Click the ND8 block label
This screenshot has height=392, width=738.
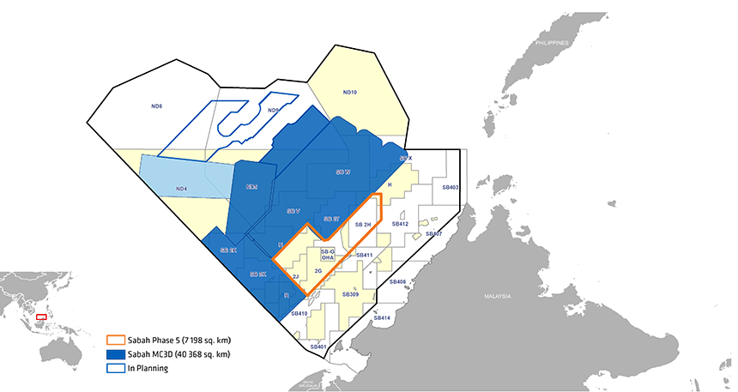coord(156,106)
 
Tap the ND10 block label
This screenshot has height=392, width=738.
coord(349,92)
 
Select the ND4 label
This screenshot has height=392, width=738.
coord(181,189)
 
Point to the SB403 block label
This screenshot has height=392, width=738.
coord(451,187)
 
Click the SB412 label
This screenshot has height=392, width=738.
coord(400,224)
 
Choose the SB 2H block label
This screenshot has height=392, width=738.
coord(362,224)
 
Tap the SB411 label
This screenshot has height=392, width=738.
coord(363,256)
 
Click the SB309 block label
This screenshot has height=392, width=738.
coord(350,294)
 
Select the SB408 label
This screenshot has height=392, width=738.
coord(397,281)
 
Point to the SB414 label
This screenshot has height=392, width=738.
coord(382,318)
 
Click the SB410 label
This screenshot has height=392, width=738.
coord(299,314)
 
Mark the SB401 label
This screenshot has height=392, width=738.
coord(318,347)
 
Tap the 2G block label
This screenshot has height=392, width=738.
coord(318,271)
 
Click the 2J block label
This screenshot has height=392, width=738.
coord(295,277)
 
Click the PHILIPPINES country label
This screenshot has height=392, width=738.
coord(551,42)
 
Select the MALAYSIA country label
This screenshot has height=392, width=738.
coord(496,297)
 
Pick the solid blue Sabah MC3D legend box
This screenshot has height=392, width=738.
coord(115,353)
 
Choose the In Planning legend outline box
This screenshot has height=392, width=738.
coord(115,368)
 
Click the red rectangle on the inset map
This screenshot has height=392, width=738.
coord(40,317)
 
